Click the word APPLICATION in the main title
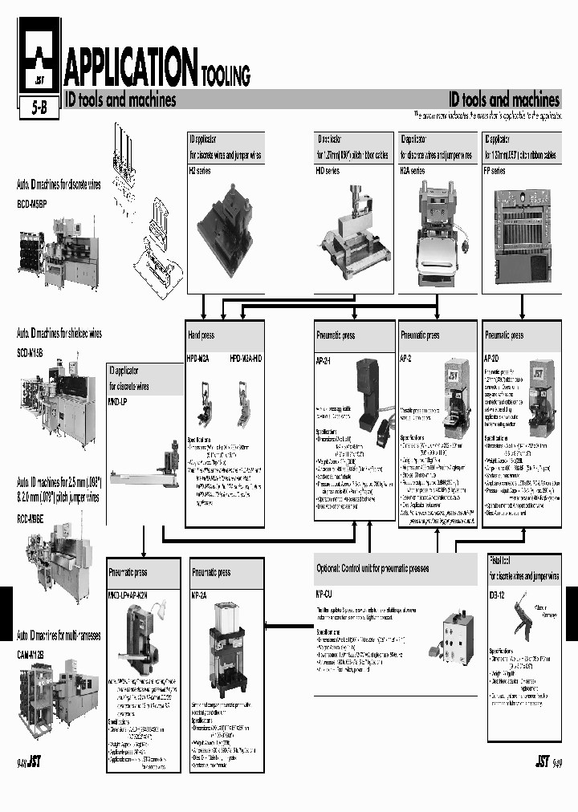[131, 67]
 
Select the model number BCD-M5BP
[33, 205]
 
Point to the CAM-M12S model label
[31, 655]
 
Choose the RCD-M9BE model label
[31, 519]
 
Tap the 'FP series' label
[495, 171]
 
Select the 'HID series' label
[328, 171]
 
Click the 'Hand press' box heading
[201, 335]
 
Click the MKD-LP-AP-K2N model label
[131, 595]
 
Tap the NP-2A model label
[199, 595]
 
